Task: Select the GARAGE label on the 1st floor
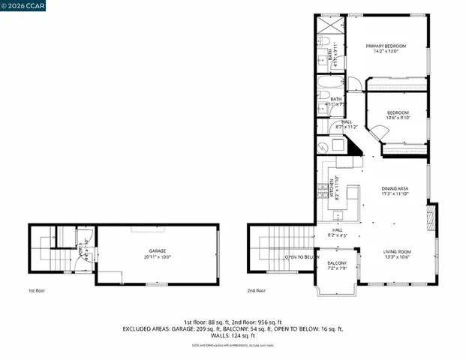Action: coord(157,250)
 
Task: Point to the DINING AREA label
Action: coord(395,188)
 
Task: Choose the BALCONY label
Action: coord(337,262)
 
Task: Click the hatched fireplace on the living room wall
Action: coord(430,221)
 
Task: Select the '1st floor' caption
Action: coord(37,290)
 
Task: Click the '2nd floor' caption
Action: coord(257,290)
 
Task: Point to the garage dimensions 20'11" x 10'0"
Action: coord(157,257)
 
